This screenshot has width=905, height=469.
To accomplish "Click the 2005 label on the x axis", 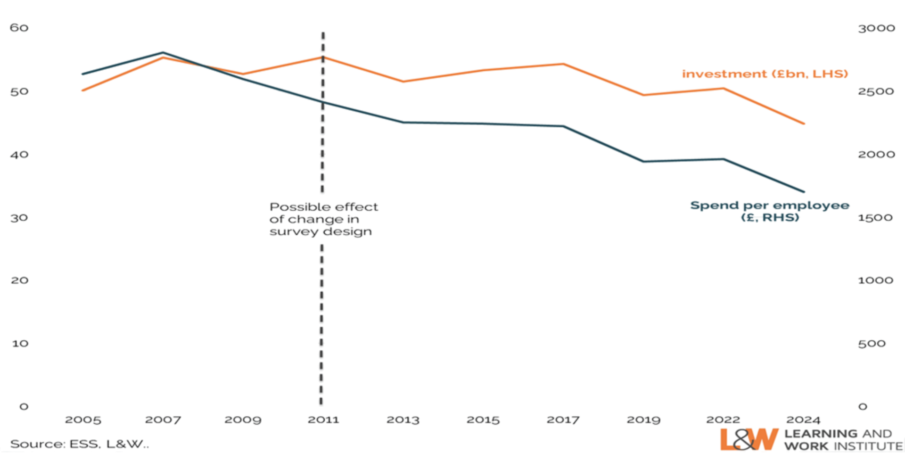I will pos(83,420).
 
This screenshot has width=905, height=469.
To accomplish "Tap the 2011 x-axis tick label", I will pos(323,420).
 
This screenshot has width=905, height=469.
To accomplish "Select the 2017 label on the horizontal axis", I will pos(563,420).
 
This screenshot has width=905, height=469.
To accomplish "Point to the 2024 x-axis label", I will pos(804,420).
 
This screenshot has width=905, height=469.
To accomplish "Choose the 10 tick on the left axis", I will pos(20,344).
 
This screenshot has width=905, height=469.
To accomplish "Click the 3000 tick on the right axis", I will pos(876,29).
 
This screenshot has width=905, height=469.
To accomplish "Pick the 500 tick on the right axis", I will pos(872,344).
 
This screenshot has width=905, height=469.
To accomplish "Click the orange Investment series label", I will pos(765,74).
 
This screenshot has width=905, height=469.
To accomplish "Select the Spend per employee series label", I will pos(770,211).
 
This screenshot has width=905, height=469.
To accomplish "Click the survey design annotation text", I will pos(323,219).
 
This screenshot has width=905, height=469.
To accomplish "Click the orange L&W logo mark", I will pos(749,440).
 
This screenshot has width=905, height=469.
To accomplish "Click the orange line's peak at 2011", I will pos(323,57).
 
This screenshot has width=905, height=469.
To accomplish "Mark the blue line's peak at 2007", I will pos(163,52).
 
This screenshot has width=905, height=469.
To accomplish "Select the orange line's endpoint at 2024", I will pos(804,124).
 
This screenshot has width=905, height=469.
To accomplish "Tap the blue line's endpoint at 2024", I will pos(804,192).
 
